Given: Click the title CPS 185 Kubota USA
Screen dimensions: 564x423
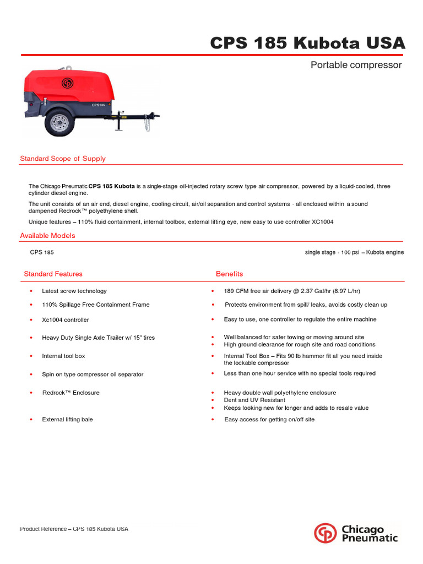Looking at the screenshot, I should [307, 43].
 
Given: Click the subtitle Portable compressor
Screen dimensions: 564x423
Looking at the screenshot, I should [356, 65].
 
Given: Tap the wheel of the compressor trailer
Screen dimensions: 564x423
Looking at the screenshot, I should [59, 123].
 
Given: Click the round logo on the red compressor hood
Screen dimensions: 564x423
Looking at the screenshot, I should [68, 84].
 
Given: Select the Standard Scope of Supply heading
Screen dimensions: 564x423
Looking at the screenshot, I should [63, 159].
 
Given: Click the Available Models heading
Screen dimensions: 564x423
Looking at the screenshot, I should [47, 236].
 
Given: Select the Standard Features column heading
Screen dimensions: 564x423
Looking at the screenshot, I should [53, 274].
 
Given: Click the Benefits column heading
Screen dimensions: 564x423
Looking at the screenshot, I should [229, 274].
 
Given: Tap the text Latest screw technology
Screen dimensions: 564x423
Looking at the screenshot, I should [74, 291].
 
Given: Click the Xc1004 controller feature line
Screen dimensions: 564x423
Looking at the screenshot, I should [65, 320].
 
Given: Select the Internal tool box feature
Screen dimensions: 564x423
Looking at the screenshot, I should [63, 356].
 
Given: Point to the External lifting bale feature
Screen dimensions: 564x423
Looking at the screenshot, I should [67, 420].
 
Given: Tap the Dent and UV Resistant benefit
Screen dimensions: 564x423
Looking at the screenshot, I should [254, 400].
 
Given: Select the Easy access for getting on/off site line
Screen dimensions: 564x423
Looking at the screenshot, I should [269, 420].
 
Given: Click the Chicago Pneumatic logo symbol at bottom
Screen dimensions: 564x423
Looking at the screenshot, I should [325, 533].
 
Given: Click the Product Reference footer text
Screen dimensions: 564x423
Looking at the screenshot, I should [74, 529].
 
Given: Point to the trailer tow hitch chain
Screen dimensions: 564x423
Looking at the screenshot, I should [147, 124].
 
